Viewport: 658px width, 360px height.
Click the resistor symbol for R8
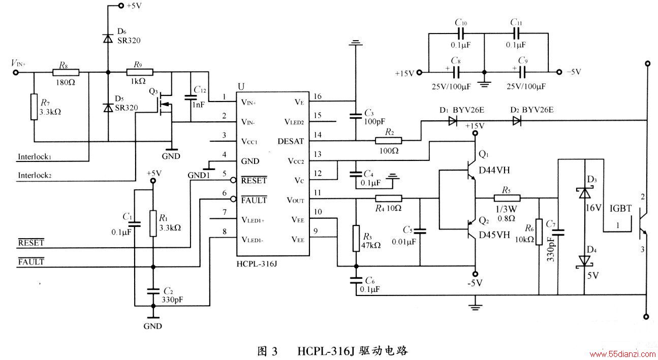[66, 72]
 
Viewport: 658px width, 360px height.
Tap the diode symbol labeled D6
[108, 39]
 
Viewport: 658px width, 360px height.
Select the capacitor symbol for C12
[191, 97]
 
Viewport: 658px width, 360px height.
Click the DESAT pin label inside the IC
[291, 142]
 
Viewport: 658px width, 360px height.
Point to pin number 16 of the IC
[318, 96]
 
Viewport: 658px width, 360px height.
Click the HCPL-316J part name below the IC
[257, 264]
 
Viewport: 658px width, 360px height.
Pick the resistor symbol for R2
[388, 141]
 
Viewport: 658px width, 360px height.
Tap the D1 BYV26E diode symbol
[453, 121]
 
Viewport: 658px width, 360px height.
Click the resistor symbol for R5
[507, 198]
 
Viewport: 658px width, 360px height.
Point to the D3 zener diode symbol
[584, 193]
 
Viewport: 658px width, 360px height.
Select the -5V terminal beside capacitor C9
[559, 72]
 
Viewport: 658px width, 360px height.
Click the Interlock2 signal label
[35, 175]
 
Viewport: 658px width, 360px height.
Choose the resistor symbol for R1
[153, 223]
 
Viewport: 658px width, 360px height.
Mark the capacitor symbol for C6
[356, 280]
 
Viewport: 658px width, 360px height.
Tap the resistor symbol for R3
[356, 239]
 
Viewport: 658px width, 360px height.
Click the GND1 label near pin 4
[199, 175]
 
